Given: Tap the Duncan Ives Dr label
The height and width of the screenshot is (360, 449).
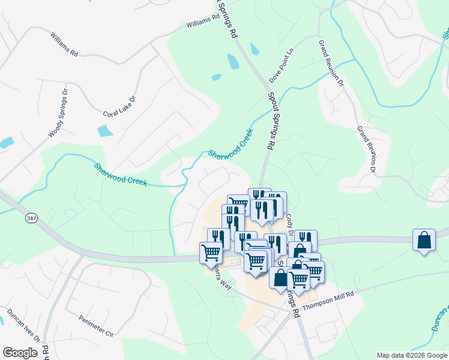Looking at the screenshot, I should pos(23,326).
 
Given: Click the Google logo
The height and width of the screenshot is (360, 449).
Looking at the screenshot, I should pos(20,353).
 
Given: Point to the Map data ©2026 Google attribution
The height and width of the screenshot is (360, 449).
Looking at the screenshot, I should pos(411,355).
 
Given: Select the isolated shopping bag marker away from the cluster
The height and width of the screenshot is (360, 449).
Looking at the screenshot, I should pos(424,240).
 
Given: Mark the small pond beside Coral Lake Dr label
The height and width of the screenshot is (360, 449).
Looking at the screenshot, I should pos(106,130).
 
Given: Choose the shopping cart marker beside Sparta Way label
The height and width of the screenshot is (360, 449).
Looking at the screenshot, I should pos(211,253).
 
